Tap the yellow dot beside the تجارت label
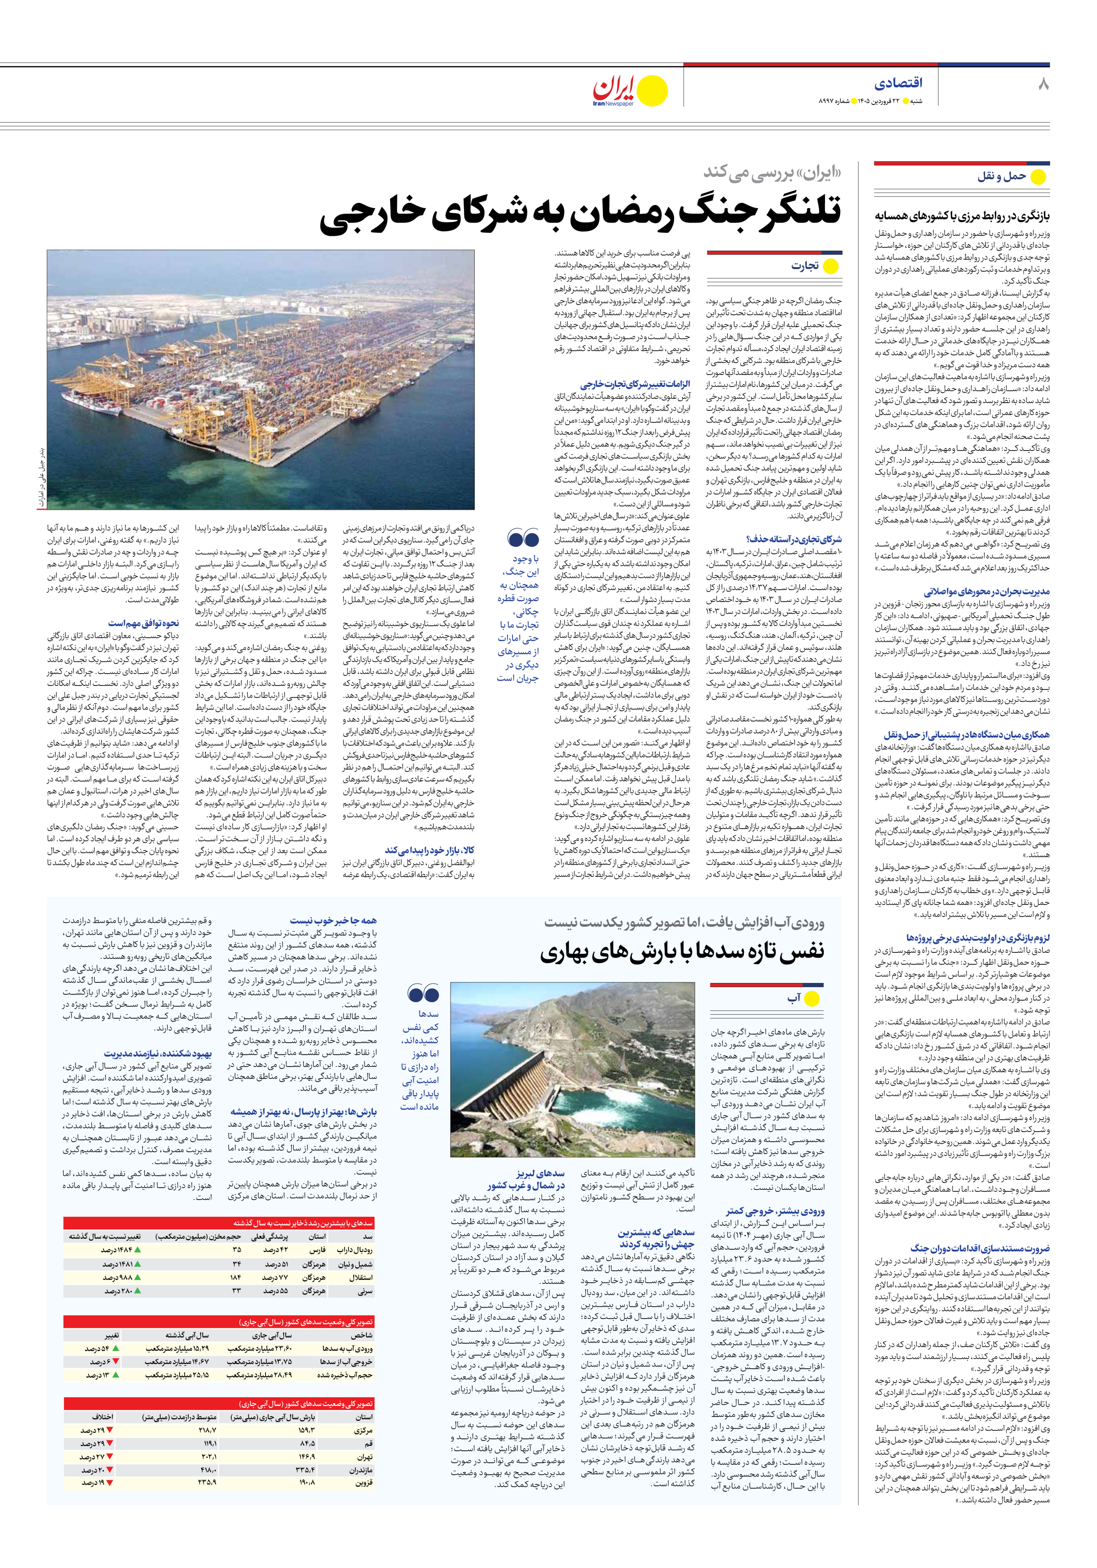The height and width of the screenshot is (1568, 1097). point(831,267)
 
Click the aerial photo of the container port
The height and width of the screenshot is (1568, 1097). point(260,380)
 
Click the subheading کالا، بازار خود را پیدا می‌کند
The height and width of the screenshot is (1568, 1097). point(430,850)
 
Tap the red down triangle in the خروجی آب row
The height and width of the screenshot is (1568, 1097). point(115,1362)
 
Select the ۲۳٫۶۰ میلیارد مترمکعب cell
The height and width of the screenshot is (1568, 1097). point(259,1349)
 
